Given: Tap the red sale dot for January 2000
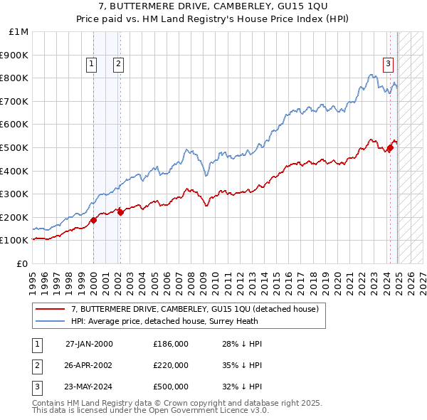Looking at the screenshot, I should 93,221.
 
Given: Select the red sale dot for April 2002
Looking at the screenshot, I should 120,211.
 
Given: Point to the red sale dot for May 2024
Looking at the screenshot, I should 390,147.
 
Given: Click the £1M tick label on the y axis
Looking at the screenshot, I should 19,32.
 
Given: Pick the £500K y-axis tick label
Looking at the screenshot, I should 16,147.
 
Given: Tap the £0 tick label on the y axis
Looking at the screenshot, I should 22,263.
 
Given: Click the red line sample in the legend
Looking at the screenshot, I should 49,309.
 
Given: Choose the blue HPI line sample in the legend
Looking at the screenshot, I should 49,321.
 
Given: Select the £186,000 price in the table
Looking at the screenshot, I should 170,344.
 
